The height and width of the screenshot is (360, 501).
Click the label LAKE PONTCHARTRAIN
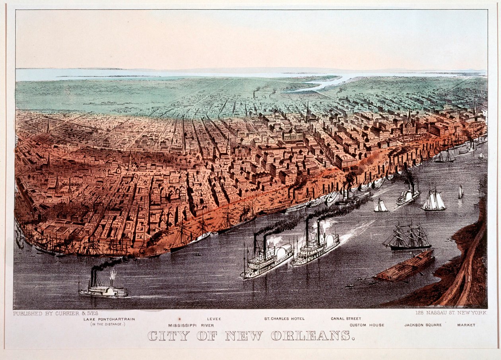coord(109,319)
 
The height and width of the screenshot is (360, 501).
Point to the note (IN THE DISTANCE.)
coord(107,324)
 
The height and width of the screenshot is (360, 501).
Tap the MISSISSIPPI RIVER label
coord(191,325)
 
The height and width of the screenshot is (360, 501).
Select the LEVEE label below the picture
coord(214,319)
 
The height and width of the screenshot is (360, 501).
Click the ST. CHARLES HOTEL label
coord(284,319)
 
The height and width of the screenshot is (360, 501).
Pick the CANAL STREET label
coord(346,319)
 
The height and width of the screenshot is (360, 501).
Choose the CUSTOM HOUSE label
coord(367,325)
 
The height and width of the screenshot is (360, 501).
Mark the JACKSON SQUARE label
coord(423,325)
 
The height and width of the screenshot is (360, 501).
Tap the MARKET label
coord(466,325)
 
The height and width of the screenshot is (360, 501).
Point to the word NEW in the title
coord(244,336)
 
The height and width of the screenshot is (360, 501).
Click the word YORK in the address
coord(478,313)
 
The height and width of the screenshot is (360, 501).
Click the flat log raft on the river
coord(405,265)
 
